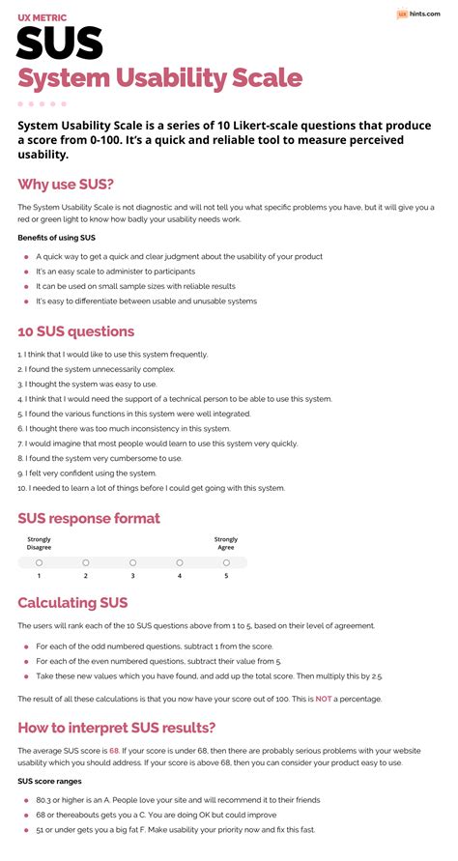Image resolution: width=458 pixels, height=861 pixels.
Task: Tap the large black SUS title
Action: point(60,43)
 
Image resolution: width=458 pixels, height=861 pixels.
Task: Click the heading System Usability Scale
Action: point(160,78)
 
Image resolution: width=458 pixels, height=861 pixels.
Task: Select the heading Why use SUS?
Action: point(66,184)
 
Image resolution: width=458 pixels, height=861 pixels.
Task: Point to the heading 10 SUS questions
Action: point(75,331)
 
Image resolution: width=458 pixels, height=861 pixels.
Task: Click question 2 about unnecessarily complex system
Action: point(96,369)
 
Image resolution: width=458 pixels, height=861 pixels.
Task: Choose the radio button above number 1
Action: point(39,561)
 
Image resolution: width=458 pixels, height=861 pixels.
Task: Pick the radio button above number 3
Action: point(132,561)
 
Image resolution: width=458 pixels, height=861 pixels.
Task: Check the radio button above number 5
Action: point(226,561)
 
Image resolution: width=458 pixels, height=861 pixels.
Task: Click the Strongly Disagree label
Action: point(40,543)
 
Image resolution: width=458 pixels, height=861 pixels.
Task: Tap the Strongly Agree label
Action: point(226,543)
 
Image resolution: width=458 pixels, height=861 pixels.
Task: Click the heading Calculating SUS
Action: point(72,603)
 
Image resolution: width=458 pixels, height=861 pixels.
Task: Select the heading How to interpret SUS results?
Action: point(117,727)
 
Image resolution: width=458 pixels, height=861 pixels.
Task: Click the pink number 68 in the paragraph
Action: point(114,751)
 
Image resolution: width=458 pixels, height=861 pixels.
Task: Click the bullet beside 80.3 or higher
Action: point(26,799)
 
